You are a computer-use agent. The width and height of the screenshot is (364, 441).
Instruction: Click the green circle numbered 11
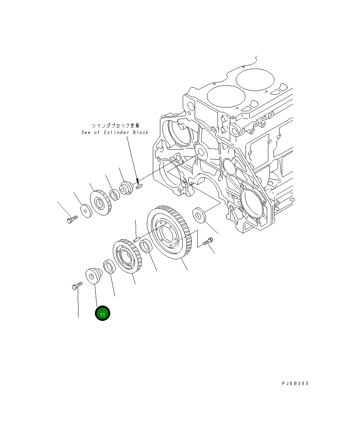(102, 313)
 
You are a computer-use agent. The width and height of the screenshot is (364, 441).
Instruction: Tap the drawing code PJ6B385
(295, 383)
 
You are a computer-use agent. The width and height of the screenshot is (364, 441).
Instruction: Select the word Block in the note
(141, 132)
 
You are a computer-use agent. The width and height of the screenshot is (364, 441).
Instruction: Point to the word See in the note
(86, 132)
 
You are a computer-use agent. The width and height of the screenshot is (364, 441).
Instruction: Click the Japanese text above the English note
(115, 125)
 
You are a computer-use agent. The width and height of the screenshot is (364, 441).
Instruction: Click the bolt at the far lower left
(76, 286)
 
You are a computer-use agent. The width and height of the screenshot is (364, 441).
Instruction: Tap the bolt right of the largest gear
(208, 241)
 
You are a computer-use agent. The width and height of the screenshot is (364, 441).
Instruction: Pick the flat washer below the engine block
(200, 215)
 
